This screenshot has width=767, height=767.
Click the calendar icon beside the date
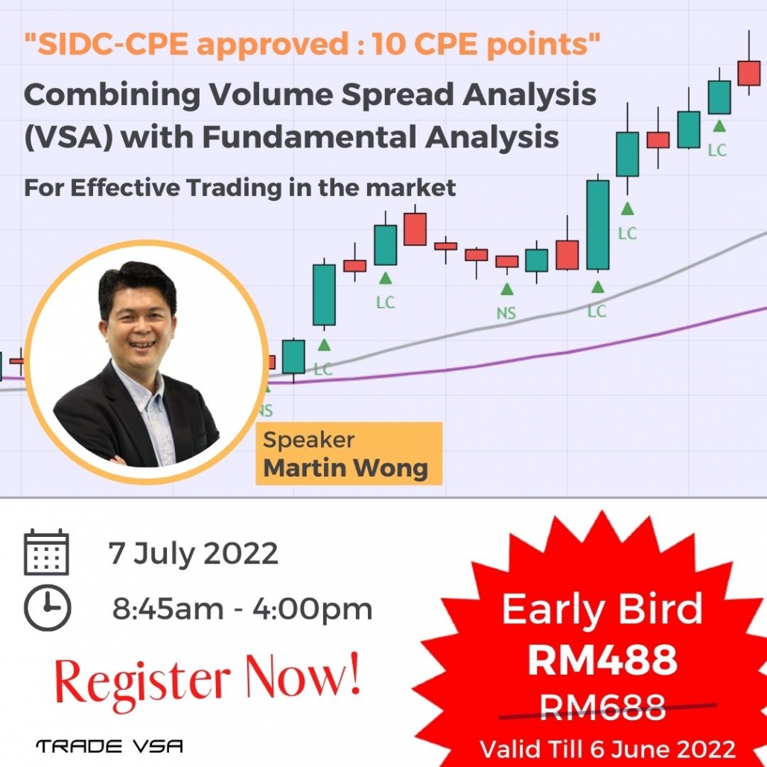click(46, 552)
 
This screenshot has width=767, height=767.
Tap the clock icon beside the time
click(47, 608)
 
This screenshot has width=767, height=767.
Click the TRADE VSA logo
click(109, 746)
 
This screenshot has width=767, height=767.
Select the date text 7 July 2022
click(193, 553)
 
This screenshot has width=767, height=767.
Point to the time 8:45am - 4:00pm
click(242, 609)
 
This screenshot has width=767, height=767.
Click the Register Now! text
click(208, 681)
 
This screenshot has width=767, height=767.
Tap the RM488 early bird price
click(602, 659)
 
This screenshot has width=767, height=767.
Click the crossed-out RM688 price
click(602, 707)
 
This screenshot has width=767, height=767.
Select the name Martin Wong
click(346, 468)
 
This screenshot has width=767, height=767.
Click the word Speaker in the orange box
click(308, 440)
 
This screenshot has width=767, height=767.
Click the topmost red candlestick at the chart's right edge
click(749, 73)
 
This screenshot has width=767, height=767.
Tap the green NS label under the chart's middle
click(506, 313)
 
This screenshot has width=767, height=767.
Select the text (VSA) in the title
click(69, 137)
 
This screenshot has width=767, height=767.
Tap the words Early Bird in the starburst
click(602, 609)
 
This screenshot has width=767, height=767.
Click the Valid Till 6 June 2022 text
click(608, 749)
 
